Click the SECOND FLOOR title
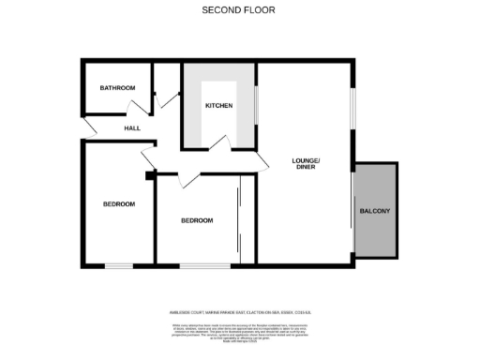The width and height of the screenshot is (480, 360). coord(240,10)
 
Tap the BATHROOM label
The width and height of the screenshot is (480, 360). coord(118,88)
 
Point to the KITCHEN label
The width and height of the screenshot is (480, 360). coord(219,105)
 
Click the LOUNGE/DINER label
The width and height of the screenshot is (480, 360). coord(306,165)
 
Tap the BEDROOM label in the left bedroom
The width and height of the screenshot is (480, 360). coord(119,203)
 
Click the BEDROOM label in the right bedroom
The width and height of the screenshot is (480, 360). coord(197,220)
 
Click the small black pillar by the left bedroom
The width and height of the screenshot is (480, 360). coord(150,173)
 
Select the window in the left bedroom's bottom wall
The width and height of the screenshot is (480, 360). coord(118,266)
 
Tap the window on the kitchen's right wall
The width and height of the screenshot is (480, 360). coord(256,105)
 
